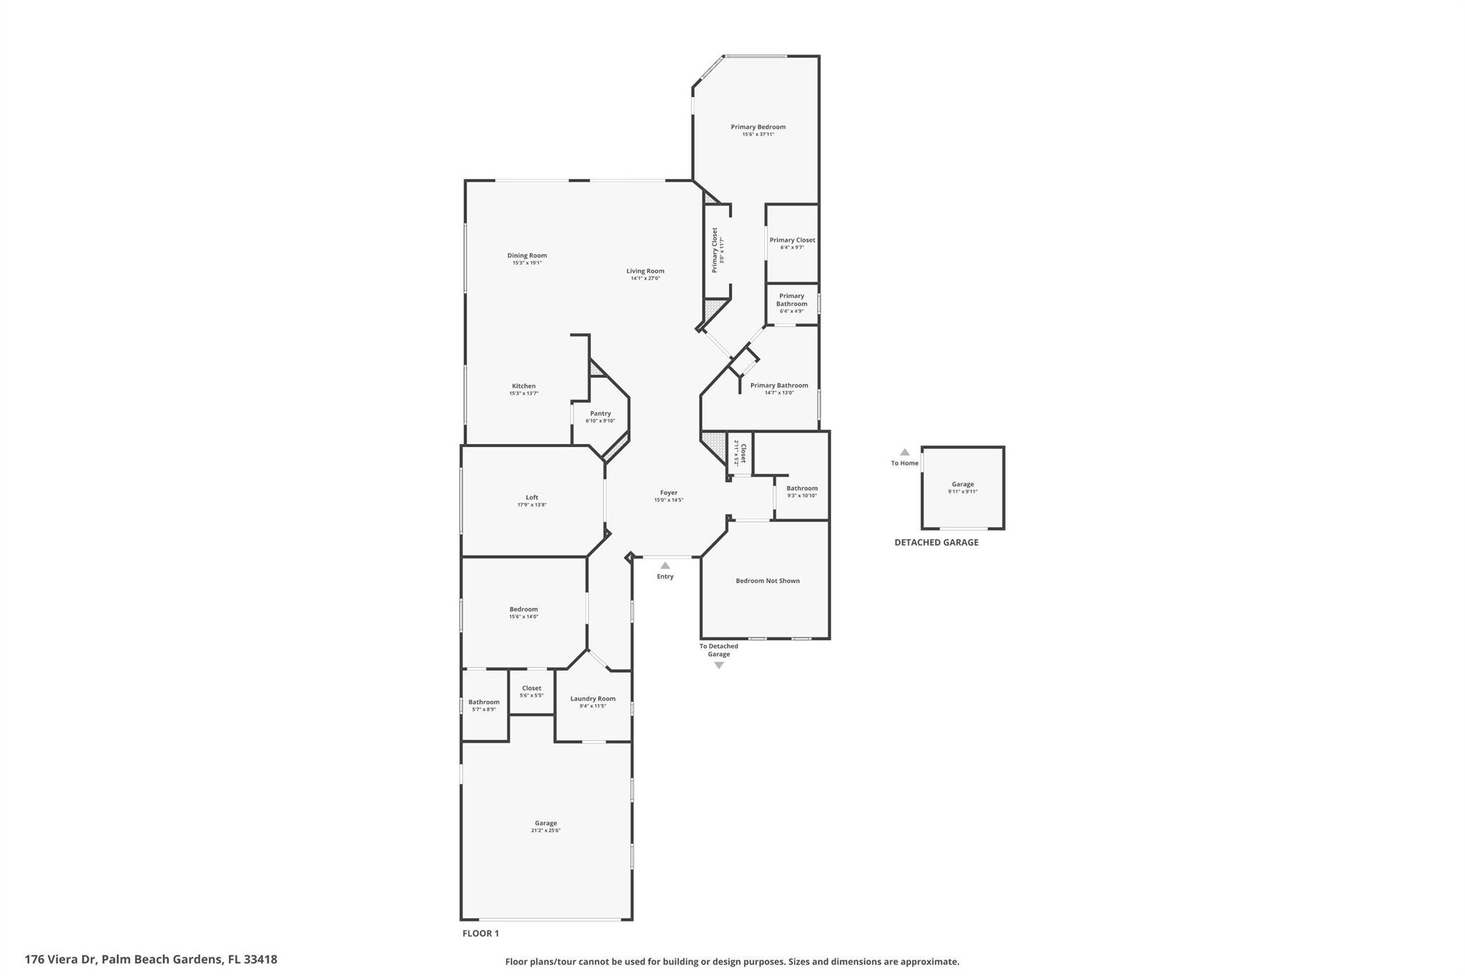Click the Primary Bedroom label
[758, 127]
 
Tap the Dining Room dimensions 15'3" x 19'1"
[527, 263]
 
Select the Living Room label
[645, 271]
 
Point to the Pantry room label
[600, 413]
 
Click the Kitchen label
[524, 386]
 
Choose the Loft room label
[531, 498]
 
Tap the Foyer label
[668, 493]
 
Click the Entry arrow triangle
[665, 566]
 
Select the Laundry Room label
[592, 699]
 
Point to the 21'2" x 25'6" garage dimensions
[546, 831]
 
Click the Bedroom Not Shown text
[768, 581]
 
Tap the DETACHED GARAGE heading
[936, 543]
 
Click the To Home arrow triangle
[905, 452]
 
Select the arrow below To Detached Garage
[719, 666]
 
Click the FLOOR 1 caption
[481, 933]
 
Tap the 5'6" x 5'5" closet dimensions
[531, 696]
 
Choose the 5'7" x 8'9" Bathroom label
[484, 702]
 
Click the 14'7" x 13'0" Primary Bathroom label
[779, 385]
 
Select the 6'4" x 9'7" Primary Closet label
[792, 240]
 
